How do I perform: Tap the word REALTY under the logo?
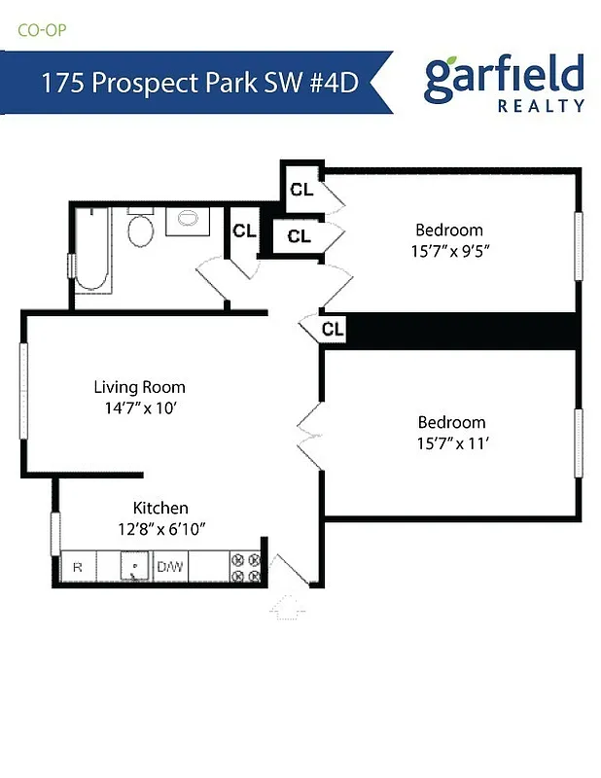(x=541, y=106)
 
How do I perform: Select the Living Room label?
(x=139, y=387)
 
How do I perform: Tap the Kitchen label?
(x=160, y=508)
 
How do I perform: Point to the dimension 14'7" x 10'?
(x=139, y=408)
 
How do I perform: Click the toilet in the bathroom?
(x=142, y=230)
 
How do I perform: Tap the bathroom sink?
(x=186, y=219)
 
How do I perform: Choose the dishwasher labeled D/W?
(x=170, y=567)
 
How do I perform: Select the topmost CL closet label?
(x=301, y=189)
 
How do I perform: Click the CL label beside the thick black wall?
(x=333, y=329)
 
